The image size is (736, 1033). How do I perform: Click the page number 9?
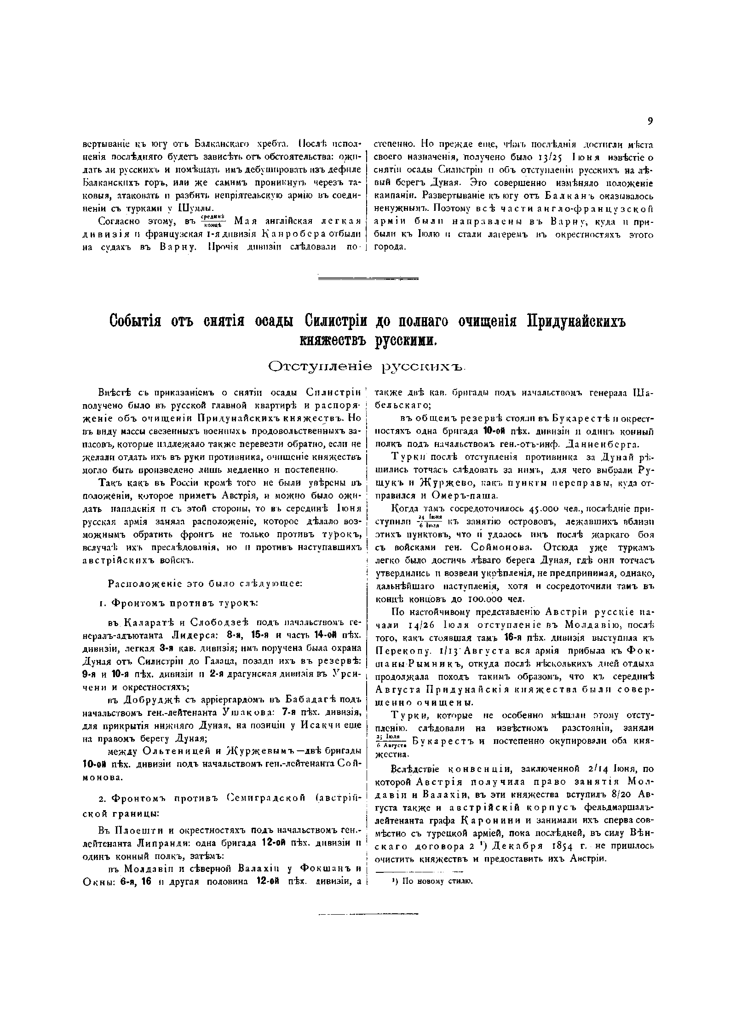[x=650, y=121]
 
